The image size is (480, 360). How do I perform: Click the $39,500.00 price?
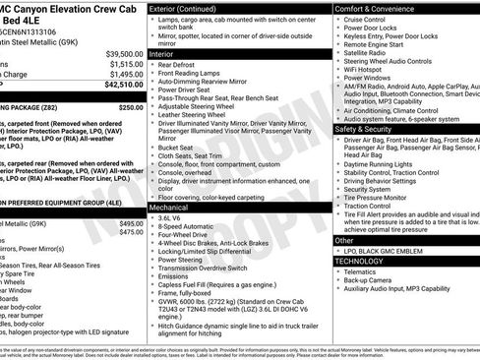(x=125, y=53)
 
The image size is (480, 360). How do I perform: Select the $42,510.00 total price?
(x=125, y=85)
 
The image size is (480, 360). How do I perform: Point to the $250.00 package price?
(x=131, y=105)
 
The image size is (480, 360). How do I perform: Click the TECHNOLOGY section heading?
(x=361, y=262)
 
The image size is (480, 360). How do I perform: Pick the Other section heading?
(x=344, y=240)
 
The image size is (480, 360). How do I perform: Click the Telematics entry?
(x=364, y=272)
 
